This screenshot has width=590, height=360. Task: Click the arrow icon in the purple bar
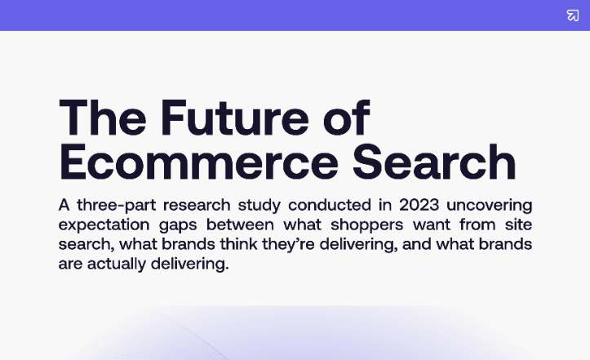point(573,16)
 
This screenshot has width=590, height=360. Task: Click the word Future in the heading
point(235,118)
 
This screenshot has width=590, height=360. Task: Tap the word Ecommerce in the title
point(198,162)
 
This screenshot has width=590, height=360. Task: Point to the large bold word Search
point(434,162)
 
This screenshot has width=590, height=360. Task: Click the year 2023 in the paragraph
point(419,205)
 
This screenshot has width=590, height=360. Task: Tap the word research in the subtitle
point(197,205)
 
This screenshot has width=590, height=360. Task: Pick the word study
point(260,206)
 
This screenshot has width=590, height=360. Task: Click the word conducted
point(330,205)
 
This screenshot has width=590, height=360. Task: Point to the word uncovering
point(489,206)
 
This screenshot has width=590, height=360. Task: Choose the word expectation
point(104,225)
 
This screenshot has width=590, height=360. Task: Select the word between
point(240,224)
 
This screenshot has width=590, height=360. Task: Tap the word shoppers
point(367,225)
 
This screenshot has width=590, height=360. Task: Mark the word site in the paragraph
point(518,224)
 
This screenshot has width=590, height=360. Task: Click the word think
point(239,244)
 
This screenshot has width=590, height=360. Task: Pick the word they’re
point(288,245)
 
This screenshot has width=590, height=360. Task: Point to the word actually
point(117,264)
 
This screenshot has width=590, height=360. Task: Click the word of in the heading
point(347,118)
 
